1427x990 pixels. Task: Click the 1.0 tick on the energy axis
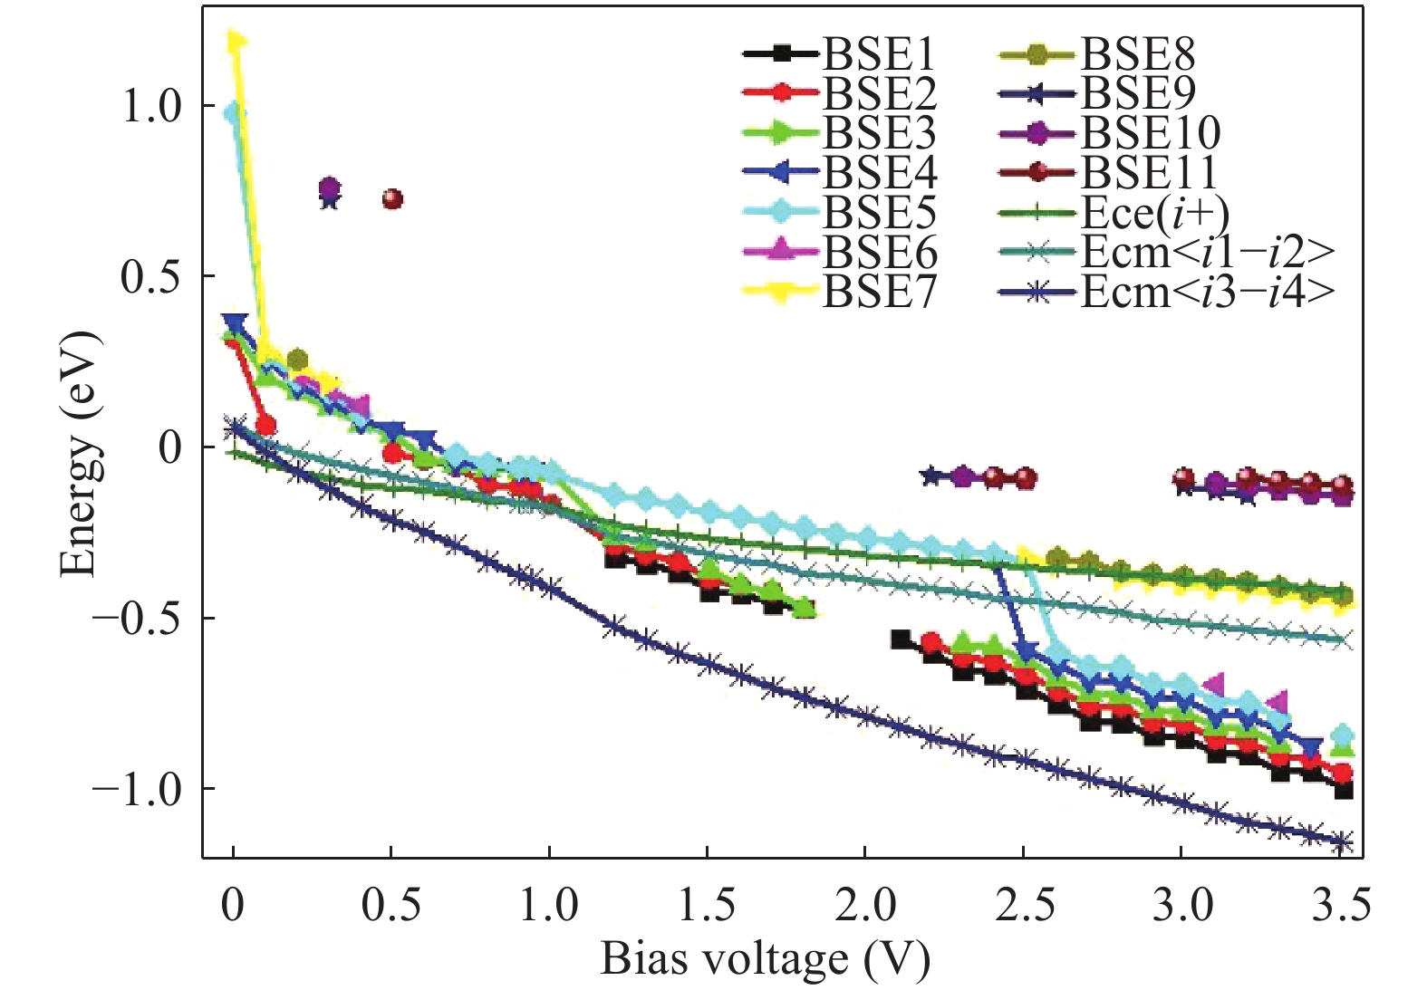tap(152, 106)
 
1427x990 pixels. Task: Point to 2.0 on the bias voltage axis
tap(864, 905)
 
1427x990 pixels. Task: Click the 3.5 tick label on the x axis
tap(1342, 905)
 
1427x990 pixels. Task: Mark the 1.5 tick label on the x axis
tap(707, 905)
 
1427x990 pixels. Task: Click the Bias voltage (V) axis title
tap(766, 959)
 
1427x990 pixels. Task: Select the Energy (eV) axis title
tap(80, 453)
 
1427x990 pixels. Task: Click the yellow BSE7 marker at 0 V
tap(236, 42)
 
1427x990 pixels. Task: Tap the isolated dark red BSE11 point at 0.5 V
tap(392, 199)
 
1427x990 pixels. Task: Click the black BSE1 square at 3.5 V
tap(1344, 791)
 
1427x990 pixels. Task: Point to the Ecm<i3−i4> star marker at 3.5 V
tap(1344, 841)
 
